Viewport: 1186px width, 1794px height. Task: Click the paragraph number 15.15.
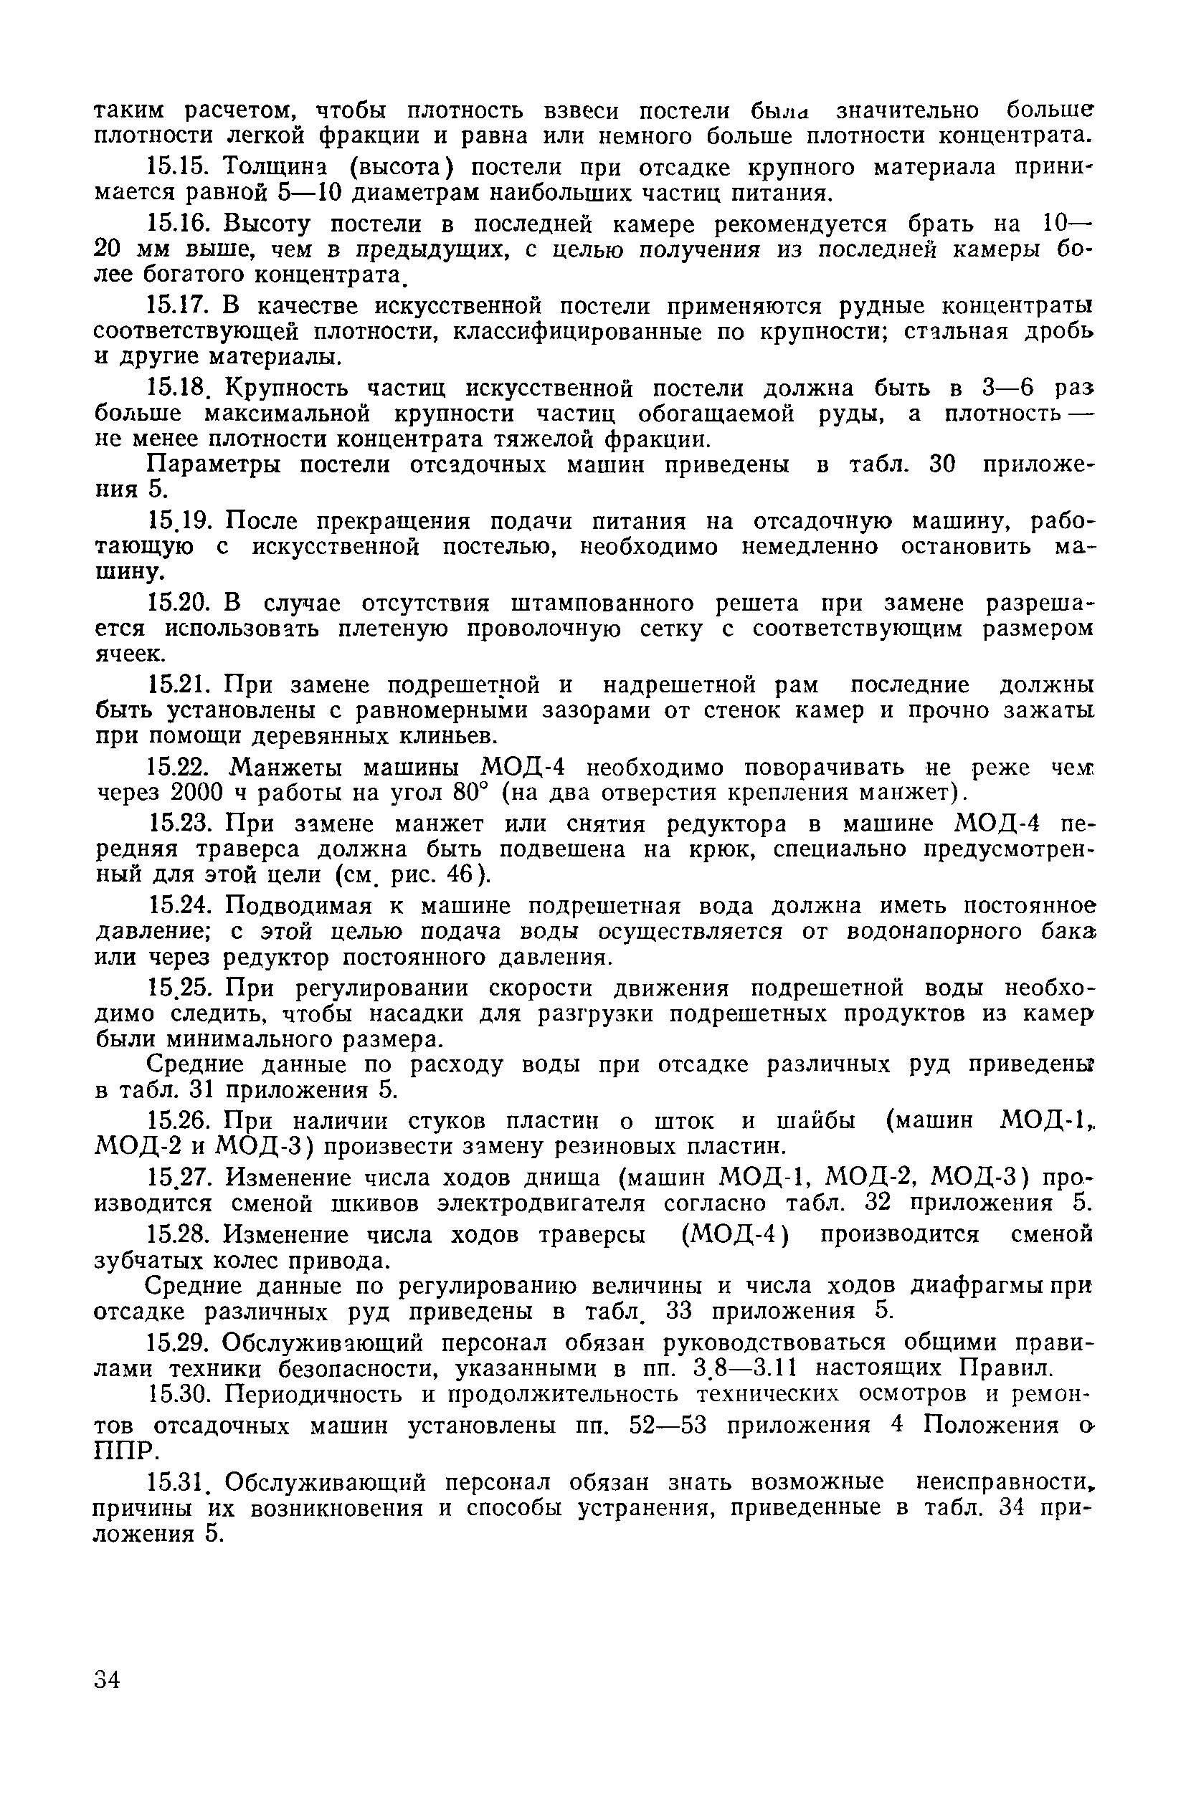(181, 167)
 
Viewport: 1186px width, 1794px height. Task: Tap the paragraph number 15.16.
(181, 224)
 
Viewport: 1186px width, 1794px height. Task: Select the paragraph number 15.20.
(181, 603)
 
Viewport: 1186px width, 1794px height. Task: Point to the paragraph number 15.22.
(181, 768)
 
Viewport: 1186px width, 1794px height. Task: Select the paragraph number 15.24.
(181, 906)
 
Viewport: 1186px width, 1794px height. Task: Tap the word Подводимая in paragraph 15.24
(300, 906)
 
